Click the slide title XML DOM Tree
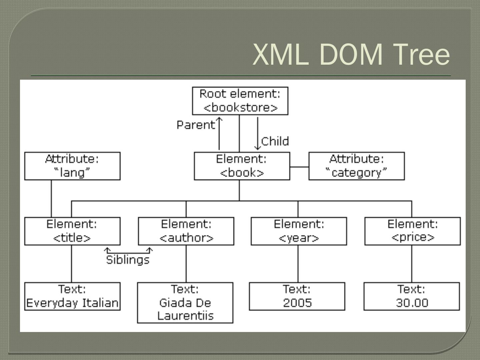tap(351, 54)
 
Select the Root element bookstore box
tap(240, 101)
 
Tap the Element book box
tap(242, 166)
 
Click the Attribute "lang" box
tap(72, 166)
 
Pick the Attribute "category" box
tap(356, 166)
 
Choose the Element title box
tap(72, 231)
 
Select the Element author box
tap(186, 231)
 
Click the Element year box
tap(299, 231)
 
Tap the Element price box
tap(412, 231)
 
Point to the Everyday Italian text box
tap(72, 296)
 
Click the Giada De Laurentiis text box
tap(185, 303)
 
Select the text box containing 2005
tap(297, 296)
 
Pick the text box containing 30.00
tap(412, 296)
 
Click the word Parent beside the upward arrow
tap(196, 125)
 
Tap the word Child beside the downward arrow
tap(275, 141)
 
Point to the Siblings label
tap(128, 260)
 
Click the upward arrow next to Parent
tap(219, 133)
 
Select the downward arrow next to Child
tap(257, 133)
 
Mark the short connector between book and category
tap(299, 167)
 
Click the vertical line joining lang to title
tap(51, 199)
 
